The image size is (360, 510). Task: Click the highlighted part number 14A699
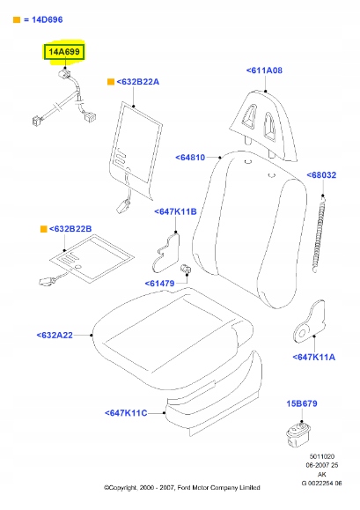(x=64, y=52)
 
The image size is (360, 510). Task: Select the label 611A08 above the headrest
(x=264, y=70)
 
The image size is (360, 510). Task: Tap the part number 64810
(x=190, y=158)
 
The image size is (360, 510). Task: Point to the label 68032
(x=321, y=175)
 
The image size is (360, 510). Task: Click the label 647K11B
(x=175, y=211)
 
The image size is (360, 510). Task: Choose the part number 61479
(x=160, y=284)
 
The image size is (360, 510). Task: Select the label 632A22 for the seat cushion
(x=55, y=336)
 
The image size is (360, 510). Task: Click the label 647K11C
(x=126, y=413)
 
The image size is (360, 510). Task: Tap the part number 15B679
(x=302, y=403)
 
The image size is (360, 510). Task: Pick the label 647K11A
(x=314, y=357)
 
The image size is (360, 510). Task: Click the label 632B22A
(x=138, y=82)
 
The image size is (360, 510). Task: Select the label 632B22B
(x=70, y=229)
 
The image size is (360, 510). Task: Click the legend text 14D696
(x=48, y=20)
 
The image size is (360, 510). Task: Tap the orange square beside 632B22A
(x=111, y=82)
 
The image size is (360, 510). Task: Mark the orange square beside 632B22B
(x=43, y=229)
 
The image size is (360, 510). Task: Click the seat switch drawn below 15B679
(x=298, y=434)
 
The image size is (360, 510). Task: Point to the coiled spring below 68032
(x=320, y=233)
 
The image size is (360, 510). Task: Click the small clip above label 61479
(x=186, y=269)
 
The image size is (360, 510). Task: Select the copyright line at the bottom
(x=182, y=488)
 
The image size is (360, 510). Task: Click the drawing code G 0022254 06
(x=321, y=484)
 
